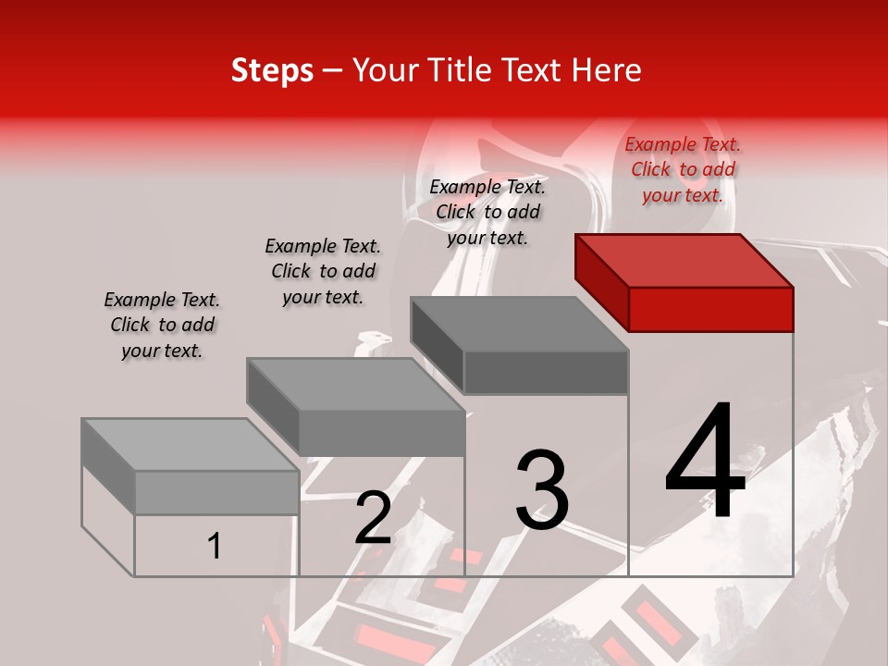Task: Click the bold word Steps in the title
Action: click(x=272, y=70)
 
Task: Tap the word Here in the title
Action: click(x=605, y=70)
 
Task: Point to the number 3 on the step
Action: click(x=541, y=489)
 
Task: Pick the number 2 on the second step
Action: click(x=373, y=517)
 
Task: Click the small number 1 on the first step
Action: click(x=214, y=546)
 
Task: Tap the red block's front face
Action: click(x=710, y=309)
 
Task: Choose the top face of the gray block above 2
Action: click(x=355, y=384)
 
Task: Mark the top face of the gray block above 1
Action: click(x=191, y=444)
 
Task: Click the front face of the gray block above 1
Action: click(x=216, y=493)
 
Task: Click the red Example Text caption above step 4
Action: click(x=683, y=169)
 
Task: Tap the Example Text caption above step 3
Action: click(x=487, y=212)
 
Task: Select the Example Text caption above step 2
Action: click(x=323, y=271)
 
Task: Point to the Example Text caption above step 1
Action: click(x=162, y=325)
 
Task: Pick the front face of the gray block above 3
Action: click(x=546, y=372)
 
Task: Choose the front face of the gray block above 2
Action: click(x=381, y=433)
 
